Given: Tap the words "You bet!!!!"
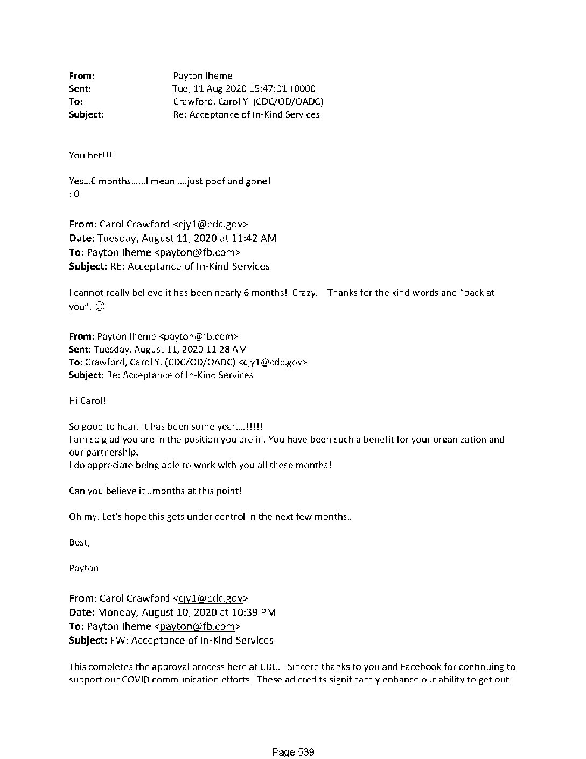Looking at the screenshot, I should pyautogui.click(x=92, y=156).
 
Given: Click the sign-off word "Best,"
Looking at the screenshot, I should pyautogui.click(x=80, y=543).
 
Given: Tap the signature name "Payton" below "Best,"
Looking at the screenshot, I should pyautogui.click(x=84, y=568).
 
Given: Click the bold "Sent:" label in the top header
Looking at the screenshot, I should pyautogui.click(x=80, y=89).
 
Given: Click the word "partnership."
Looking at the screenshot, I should pyautogui.click(x=104, y=452).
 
